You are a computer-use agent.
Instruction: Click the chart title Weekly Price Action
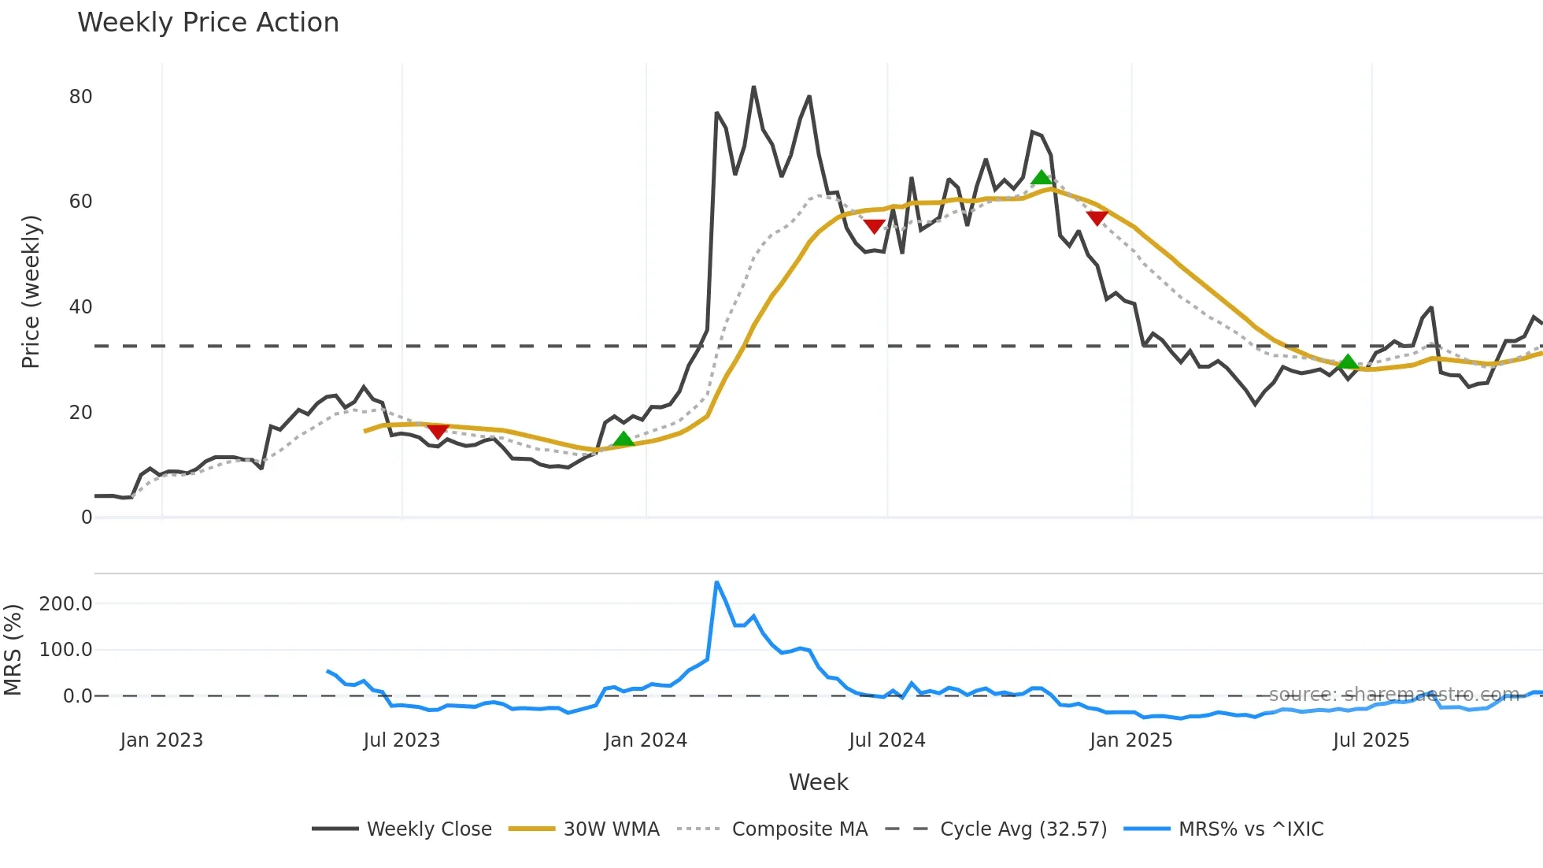click(x=208, y=23)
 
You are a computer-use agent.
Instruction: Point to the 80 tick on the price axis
click(x=81, y=97)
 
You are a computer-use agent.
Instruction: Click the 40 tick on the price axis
click(x=81, y=307)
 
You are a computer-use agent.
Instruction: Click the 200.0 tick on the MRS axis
click(x=66, y=604)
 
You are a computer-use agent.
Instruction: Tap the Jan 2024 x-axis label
click(x=646, y=740)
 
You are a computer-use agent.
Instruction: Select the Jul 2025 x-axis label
click(x=1371, y=740)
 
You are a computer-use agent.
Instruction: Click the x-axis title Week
click(x=818, y=782)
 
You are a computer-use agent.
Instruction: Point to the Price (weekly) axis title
click(x=31, y=291)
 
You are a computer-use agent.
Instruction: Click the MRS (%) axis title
click(x=13, y=650)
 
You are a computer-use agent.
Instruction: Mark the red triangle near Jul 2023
click(x=438, y=431)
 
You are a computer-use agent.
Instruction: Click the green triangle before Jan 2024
click(x=623, y=439)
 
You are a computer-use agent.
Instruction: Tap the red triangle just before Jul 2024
click(x=874, y=226)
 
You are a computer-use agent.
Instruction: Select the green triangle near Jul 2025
click(x=1349, y=362)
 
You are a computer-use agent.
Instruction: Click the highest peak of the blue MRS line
click(x=716, y=583)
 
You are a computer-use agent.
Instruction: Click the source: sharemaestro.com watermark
click(x=1393, y=694)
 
